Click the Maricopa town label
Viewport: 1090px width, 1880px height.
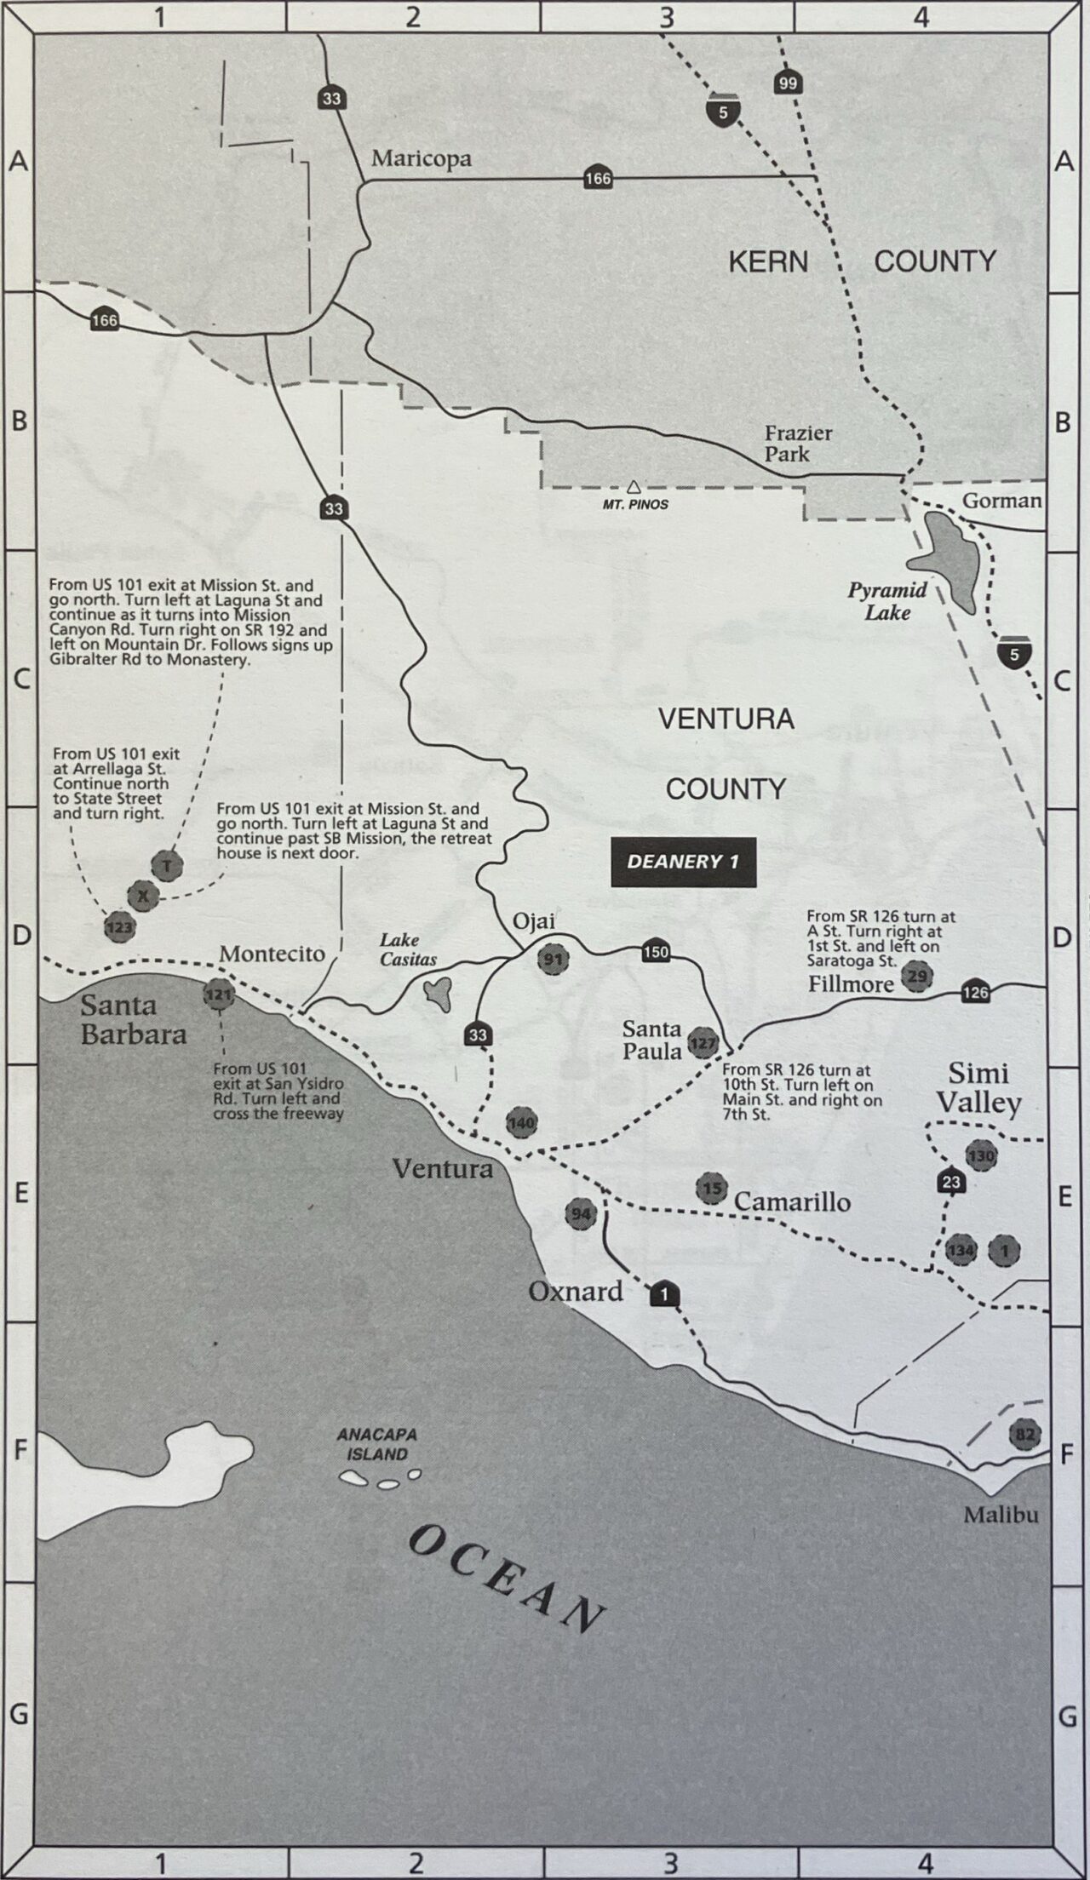coord(421,159)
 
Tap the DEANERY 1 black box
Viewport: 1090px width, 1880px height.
coord(683,862)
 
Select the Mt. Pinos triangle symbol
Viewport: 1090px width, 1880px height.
coord(633,487)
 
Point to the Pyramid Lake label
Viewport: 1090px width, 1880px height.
coord(887,601)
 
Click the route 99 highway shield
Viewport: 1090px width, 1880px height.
coord(788,83)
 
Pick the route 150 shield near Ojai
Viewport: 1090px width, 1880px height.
coord(656,952)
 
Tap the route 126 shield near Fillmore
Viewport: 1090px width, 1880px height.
coord(976,992)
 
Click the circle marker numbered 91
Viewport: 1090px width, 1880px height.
coord(554,960)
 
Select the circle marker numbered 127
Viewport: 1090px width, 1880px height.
coord(703,1043)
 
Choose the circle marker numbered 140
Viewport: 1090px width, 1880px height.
coord(521,1123)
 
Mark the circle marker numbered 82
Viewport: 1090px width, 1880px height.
coord(1024,1435)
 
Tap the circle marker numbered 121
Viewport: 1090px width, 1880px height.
coord(219,994)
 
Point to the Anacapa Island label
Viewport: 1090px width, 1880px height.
coord(376,1445)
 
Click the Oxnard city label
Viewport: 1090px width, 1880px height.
coord(576,1292)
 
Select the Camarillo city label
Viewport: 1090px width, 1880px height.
coord(792,1201)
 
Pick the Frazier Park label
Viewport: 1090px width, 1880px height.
coord(798,443)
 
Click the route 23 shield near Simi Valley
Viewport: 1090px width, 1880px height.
coord(951,1182)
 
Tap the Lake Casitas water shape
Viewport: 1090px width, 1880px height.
coord(439,993)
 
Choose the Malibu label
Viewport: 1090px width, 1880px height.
coord(1001,1515)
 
